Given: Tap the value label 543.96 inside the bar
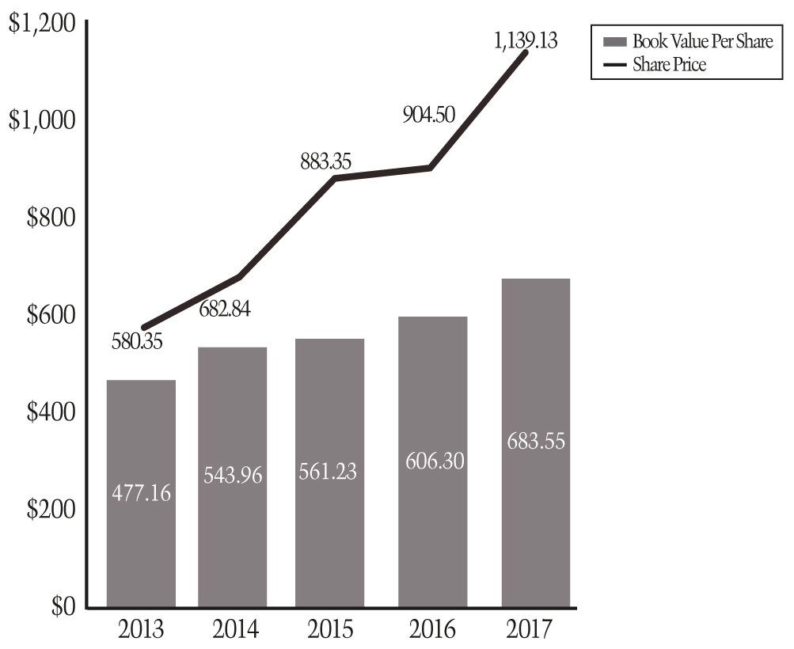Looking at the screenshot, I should (232, 476).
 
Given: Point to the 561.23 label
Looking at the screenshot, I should (328, 472).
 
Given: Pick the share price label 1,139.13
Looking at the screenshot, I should (526, 40).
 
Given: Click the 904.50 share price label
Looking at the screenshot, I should (427, 115).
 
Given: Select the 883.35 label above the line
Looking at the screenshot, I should (325, 162).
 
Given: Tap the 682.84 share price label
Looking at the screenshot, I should (223, 309).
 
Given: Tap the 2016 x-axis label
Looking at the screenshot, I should (433, 630).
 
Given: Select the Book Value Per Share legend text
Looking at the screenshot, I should (702, 41).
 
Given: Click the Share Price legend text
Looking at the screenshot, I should (669, 65).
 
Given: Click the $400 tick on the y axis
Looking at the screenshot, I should (51, 412).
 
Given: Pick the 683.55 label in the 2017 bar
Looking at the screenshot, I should (536, 441).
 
